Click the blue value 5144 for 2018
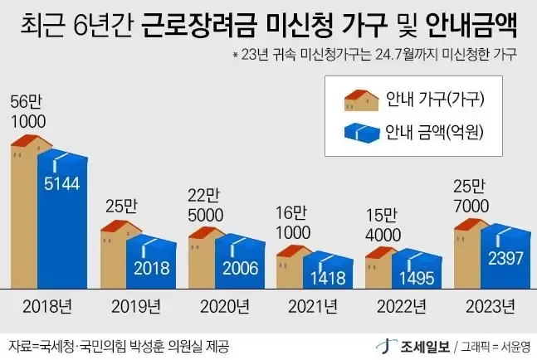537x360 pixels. [62, 183]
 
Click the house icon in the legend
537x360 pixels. [361, 102]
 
